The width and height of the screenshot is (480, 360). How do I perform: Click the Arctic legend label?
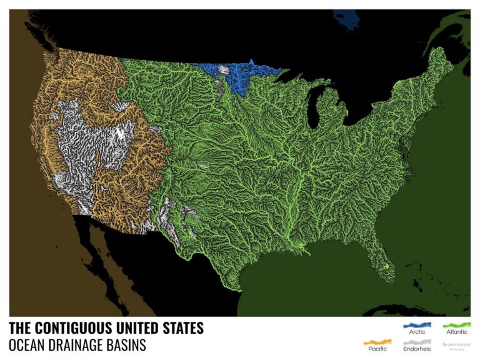[415, 332]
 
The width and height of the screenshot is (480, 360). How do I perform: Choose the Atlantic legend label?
[456, 332]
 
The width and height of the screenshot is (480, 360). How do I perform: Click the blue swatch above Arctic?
[415, 325]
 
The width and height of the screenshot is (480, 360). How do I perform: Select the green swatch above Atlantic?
[456, 325]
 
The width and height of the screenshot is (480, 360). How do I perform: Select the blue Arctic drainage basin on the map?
[241, 78]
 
